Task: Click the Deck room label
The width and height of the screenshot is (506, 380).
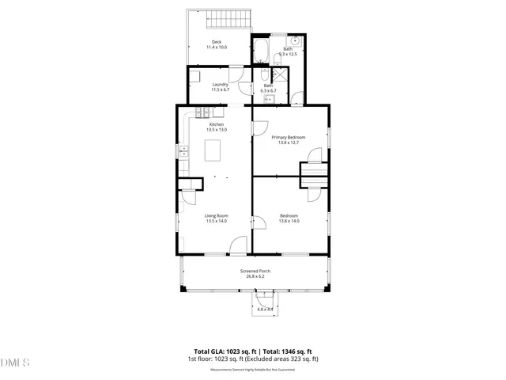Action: pos(216,41)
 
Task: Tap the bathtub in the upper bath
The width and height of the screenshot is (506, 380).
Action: pos(262,54)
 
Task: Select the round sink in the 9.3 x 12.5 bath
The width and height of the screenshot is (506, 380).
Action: pos(294,40)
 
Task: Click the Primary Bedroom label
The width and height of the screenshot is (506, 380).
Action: pos(289,137)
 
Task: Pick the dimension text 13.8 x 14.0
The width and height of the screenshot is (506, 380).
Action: pos(289,221)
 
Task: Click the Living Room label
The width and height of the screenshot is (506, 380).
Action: pos(217,215)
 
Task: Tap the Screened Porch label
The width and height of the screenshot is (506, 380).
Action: pos(255,272)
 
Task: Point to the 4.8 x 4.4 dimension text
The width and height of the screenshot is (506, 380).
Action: pos(264,310)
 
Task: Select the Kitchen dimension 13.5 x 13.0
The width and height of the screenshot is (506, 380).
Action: pos(217,129)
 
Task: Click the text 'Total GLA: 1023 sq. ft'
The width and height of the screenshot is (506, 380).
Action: pos(222,351)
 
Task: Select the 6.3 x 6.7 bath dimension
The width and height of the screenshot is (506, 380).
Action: pos(268,91)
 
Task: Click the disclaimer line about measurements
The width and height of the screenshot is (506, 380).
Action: pos(252,369)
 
